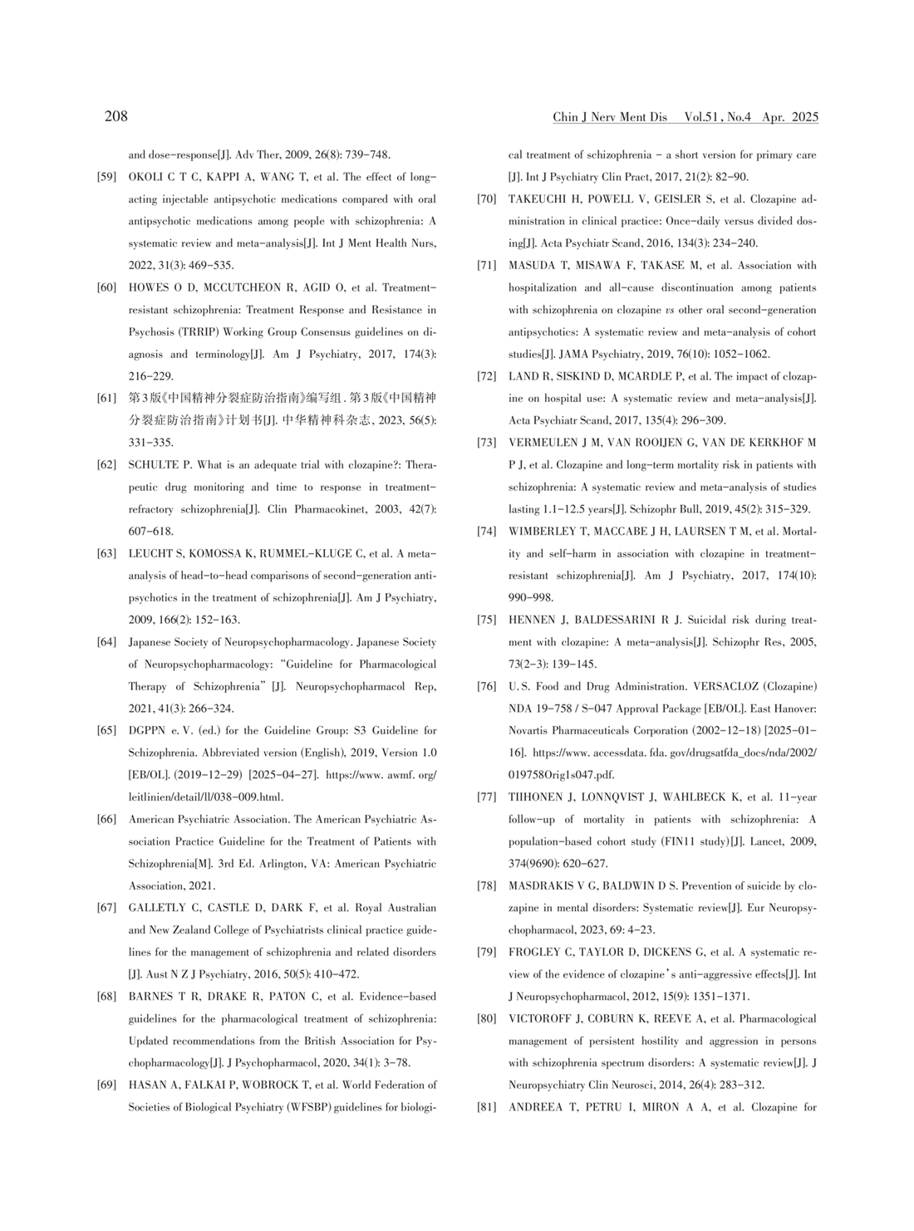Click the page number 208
pyautogui.click(x=116, y=116)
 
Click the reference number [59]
pyautogui.click(x=106, y=177)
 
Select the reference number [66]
pyautogui.click(x=106, y=820)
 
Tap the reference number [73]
pyautogui.click(x=487, y=443)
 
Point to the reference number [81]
pyautogui.click(x=487, y=1107)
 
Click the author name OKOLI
pyautogui.click(x=147, y=177)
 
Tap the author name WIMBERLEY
pyautogui.click(x=542, y=532)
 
